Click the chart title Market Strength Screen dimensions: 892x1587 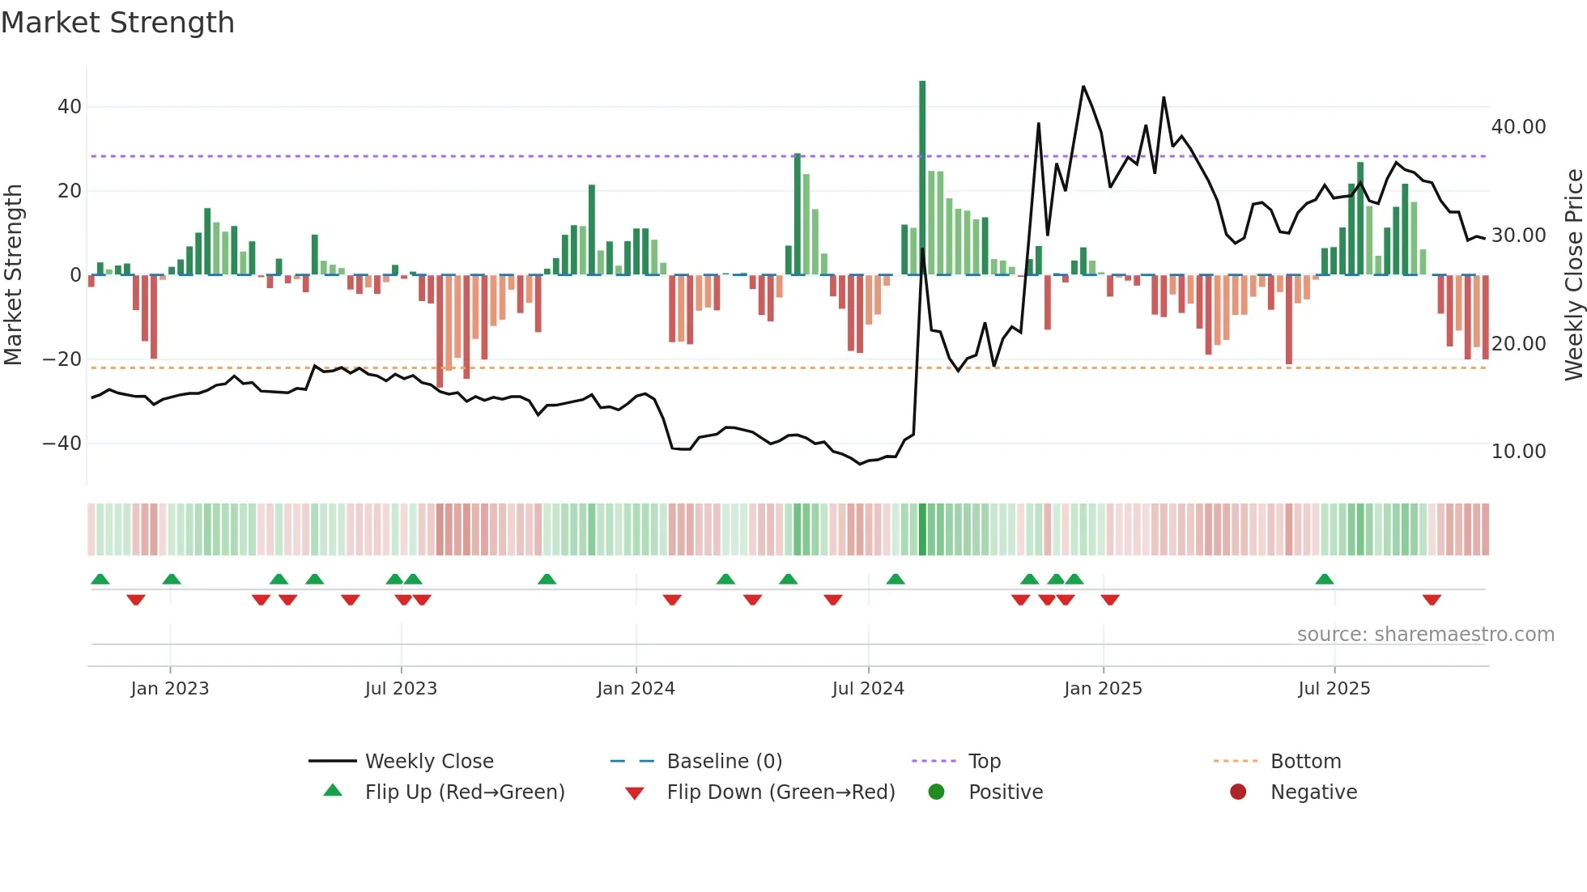coord(117,23)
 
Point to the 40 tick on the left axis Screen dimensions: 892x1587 coord(70,107)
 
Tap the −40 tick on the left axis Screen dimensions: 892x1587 coord(62,444)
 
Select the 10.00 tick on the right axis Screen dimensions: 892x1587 coord(1518,452)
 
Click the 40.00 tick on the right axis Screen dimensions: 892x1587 coord(1518,127)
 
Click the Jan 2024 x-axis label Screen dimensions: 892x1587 coord(636,689)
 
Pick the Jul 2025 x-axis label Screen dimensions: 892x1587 coord(1334,689)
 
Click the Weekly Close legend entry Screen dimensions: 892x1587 coord(428,762)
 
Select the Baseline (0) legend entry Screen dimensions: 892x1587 coord(724,762)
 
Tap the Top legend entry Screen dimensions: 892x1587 coord(984,762)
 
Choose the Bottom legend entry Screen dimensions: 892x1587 coord(1305,762)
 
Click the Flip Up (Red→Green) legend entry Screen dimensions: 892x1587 coord(464,792)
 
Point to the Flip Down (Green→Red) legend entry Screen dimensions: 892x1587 coord(781,792)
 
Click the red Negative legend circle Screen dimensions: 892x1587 coord(1238,792)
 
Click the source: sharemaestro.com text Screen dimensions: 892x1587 coord(1425,635)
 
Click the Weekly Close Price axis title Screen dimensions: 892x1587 coord(1573,275)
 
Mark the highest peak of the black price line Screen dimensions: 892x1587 coord(1083,87)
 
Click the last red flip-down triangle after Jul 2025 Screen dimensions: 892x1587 coord(1432,600)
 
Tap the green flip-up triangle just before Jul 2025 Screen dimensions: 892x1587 coord(1325,580)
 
